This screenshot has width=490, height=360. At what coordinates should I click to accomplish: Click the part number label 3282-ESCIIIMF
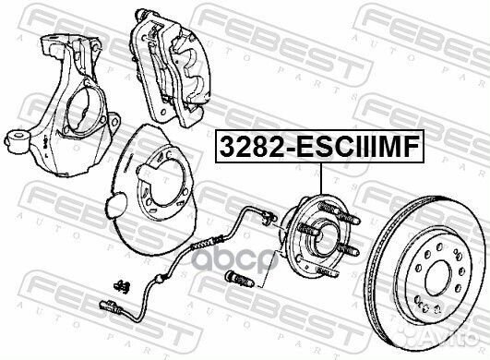[x=319, y=146]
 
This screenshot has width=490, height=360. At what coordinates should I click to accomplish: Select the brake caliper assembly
[x=171, y=67]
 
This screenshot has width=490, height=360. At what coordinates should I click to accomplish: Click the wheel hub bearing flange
[x=318, y=237]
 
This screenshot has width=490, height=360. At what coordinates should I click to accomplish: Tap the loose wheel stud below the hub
[x=239, y=279]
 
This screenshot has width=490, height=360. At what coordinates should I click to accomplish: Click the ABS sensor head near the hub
[x=269, y=218]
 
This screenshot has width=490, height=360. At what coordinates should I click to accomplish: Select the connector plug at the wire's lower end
[x=111, y=306]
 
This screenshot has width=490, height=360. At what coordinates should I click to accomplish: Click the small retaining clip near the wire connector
[x=123, y=286]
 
